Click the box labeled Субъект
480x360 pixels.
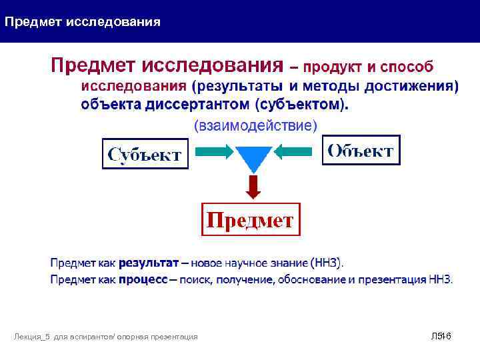[x=145, y=155]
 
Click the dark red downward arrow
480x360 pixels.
[x=253, y=187]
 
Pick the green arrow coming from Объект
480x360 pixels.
[x=293, y=153]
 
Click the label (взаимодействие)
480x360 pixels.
[x=255, y=125]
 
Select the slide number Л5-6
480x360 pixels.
[x=441, y=337]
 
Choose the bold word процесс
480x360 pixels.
[x=143, y=280]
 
